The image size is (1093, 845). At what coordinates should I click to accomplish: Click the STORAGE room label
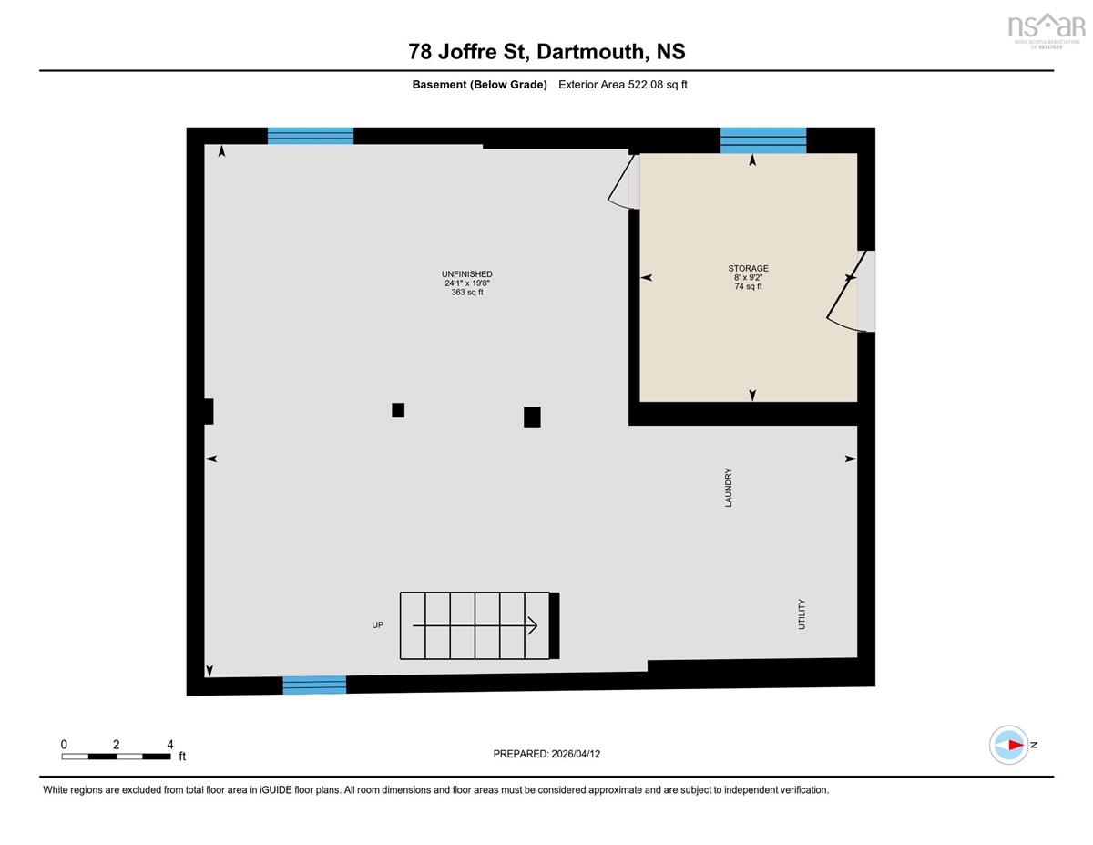(748, 268)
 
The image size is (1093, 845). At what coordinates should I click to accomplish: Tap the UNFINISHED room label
(466, 273)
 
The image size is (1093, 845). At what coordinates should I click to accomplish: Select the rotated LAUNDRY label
(729, 487)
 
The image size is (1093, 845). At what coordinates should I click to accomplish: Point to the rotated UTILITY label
(802, 614)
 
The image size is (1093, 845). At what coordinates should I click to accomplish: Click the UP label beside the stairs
(378, 624)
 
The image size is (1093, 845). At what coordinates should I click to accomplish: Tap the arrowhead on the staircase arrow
(533, 625)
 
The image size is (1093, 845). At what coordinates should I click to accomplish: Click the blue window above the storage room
(763, 139)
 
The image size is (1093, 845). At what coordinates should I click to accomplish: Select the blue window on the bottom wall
(314, 685)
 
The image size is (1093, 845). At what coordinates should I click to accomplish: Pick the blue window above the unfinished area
(311, 136)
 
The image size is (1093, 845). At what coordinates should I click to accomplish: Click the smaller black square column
(398, 410)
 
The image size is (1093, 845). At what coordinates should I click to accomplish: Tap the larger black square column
(532, 417)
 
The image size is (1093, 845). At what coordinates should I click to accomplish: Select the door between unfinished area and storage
(624, 181)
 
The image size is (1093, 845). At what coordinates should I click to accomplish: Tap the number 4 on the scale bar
(170, 745)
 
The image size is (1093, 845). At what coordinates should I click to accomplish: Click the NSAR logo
(1047, 30)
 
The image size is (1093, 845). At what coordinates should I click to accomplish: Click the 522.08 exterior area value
(646, 85)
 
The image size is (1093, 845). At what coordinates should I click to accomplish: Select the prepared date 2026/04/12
(576, 754)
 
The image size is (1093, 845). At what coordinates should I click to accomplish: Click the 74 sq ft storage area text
(748, 286)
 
